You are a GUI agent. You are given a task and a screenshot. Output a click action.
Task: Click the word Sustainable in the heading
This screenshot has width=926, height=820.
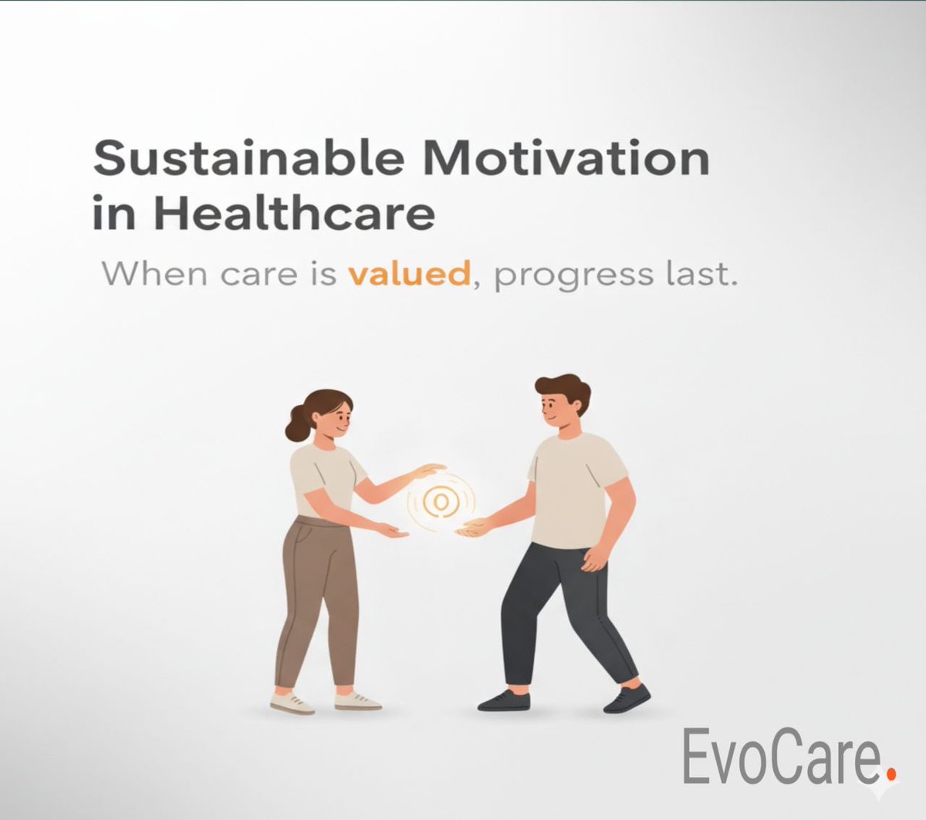[x=248, y=160]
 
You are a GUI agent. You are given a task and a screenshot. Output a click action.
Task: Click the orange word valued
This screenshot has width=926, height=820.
[x=409, y=274]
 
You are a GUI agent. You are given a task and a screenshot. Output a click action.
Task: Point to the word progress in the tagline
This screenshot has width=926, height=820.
[x=573, y=276]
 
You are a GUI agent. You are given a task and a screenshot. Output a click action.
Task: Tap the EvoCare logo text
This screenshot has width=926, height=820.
[x=779, y=758]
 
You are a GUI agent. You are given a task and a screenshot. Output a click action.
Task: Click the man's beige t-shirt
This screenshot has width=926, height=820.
[x=572, y=490]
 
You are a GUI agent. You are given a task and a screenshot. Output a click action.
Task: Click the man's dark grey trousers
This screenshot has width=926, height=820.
[x=563, y=609]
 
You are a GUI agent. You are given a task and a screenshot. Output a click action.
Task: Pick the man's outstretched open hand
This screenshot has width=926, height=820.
[x=472, y=528]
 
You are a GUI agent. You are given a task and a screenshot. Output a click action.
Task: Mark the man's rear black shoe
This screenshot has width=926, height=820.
[x=504, y=700]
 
